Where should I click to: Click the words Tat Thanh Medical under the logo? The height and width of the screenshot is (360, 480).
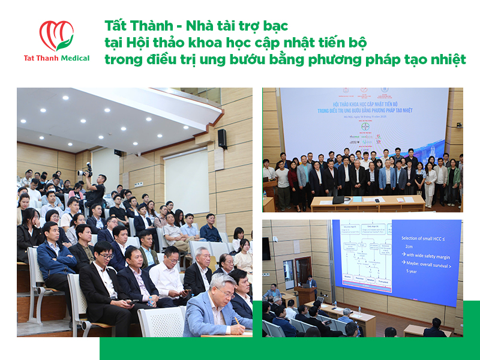[56, 58]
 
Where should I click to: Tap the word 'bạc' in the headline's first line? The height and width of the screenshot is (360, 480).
[275, 26]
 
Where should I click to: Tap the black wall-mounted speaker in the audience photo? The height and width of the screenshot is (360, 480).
[222, 139]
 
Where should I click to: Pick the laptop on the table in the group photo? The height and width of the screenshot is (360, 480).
[338, 200]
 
